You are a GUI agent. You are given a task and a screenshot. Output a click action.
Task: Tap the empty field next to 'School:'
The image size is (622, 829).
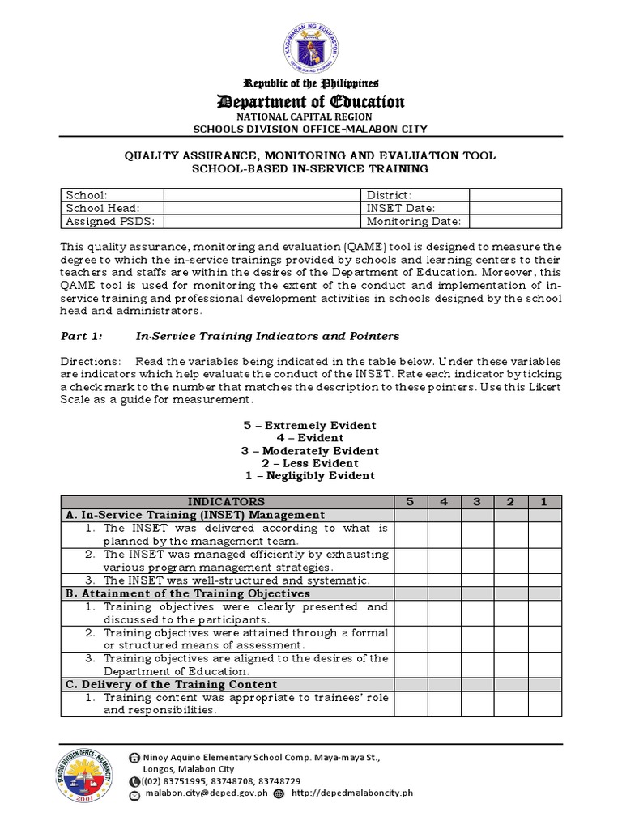click(262, 195)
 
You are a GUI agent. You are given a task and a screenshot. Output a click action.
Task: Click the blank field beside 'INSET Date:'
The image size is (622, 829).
click(515, 208)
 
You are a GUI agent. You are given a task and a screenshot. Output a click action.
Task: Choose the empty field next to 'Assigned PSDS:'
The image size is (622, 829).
click(262, 221)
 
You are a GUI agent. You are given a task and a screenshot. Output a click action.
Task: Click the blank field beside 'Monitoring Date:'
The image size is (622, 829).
click(515, 221)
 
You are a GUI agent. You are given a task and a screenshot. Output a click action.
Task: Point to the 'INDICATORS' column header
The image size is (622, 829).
click(226, 502)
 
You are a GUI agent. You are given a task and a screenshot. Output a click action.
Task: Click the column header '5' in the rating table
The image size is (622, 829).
click(410, 502)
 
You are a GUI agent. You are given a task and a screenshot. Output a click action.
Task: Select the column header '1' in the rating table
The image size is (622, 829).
click(544, 502)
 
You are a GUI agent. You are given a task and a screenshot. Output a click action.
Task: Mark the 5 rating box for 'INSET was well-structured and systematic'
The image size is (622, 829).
click(410, 580)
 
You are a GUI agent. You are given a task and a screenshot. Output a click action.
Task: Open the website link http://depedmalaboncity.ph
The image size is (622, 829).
click(351, 793)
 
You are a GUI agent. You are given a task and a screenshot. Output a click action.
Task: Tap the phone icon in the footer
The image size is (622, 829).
click(134, 780)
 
